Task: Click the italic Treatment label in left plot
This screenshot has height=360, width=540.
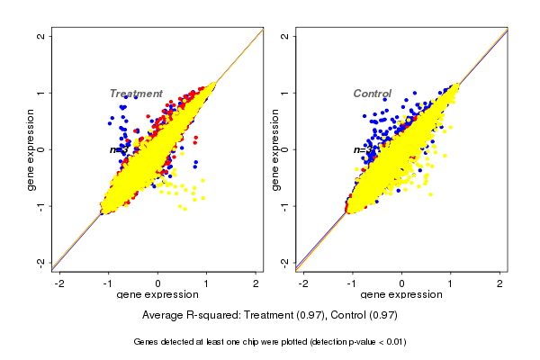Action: (x=136, y=94)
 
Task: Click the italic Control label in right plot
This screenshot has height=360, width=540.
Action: (x=372, y=94)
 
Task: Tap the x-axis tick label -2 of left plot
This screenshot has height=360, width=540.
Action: (x=60, y=283)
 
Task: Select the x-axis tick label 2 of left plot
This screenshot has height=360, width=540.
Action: (x=256, y=283)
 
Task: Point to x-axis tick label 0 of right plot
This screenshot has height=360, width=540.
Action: (x=402, y=283)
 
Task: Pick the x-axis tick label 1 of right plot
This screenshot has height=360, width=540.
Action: (x=452, y=283)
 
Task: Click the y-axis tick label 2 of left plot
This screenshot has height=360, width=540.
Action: (x=42, y=36)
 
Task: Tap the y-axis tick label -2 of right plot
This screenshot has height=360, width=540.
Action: (x=286, y=262)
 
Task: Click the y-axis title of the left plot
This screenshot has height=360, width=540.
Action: (x=31, y=149)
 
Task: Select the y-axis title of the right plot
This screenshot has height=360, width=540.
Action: (x=274, y=149)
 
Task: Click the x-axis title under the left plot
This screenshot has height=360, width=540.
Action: (x=157, y=295)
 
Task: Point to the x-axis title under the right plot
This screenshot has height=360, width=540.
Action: (x=401, y=295)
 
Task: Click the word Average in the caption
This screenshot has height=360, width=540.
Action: (x=165, y=316)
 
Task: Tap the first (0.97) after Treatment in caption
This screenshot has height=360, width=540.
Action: (x=317, y=316)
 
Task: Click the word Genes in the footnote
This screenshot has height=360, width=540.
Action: (x=147, y=342)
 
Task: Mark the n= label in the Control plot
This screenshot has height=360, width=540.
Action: (x=359, y=149)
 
